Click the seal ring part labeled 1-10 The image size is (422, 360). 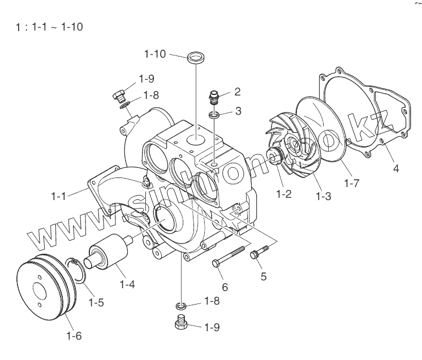pos(196,57)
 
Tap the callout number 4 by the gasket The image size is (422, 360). pos(395,168)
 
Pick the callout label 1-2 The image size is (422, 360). pos(284,194)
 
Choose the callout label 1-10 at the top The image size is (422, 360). pos(155,55)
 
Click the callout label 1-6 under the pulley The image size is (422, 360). pos(74,336)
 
